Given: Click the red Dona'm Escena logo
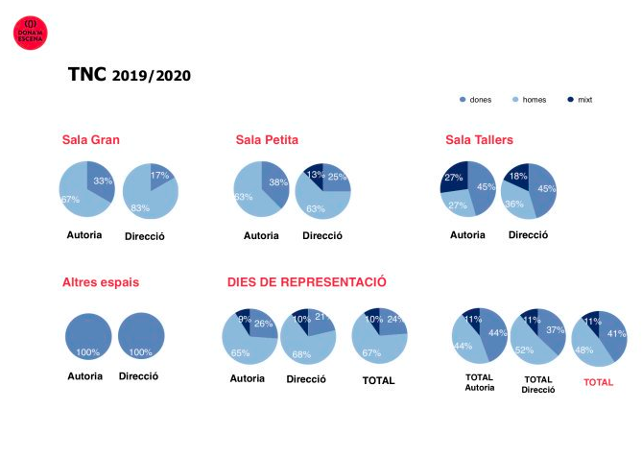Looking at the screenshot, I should click(x=29, y=33).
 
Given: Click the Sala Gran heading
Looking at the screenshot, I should click(x=90, y=140).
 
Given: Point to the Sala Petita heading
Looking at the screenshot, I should click(x=266, y=140).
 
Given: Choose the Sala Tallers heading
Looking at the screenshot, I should click(x=479, y=140).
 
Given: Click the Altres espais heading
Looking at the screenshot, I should click(x=100, y=282).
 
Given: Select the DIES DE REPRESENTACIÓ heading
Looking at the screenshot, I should click(x=306, y=282).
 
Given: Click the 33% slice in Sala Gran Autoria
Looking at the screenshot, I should click(x=100, y=181).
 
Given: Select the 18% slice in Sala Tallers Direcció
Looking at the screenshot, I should click(x=517, y=176).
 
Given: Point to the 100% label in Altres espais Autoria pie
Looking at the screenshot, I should click(x=87, y=351).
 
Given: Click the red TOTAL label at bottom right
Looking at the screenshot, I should click(x=598, y=381).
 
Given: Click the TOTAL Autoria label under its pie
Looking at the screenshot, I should click(x=479, y=382).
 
